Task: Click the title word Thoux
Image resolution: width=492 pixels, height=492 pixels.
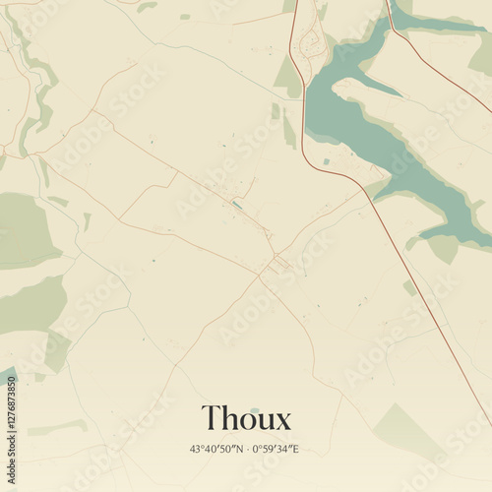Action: (246, 418)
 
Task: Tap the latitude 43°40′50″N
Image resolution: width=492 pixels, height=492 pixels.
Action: (217, 449)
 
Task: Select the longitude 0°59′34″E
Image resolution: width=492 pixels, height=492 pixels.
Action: (276, 449)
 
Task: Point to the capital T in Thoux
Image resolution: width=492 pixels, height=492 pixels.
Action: (211, 418)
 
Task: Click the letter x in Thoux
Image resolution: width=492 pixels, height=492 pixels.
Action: (283, 421)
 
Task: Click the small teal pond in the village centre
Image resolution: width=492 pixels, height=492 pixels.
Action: (237, 205)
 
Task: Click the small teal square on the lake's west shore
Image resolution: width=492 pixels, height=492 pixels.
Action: (327, 161)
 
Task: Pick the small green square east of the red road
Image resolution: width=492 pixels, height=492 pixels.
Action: (409, 287)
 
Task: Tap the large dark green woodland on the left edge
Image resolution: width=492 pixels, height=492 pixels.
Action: (25, 228)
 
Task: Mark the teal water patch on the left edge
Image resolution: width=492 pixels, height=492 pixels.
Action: (7, 375)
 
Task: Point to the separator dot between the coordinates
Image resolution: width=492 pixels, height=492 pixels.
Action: (247, 449)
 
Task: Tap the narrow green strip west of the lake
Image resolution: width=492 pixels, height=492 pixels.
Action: (289, 128)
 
